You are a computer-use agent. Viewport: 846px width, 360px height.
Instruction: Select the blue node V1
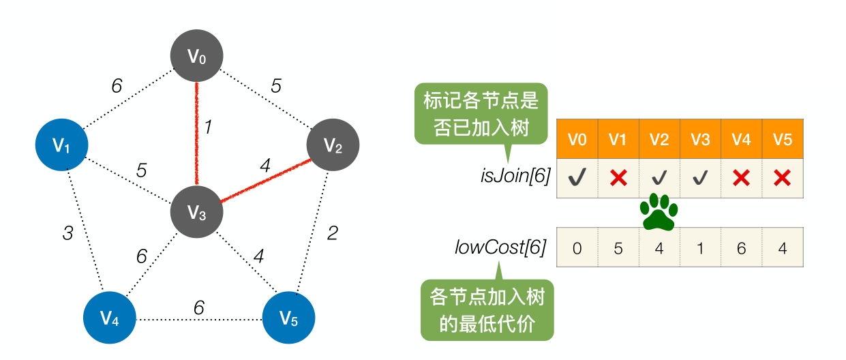[61, 145]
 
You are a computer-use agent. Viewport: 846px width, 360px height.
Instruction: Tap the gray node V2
[332, 145]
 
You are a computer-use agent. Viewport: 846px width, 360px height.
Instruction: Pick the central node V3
[196, 213]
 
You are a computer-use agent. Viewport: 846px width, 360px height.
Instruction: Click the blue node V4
[110, 318]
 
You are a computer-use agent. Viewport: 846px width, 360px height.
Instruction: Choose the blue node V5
[288, 318]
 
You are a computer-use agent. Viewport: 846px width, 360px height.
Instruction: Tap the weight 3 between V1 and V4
[67, 234]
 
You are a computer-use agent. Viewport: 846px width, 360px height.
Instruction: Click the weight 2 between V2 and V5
[332, 234]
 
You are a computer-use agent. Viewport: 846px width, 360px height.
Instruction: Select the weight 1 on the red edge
[209, 127]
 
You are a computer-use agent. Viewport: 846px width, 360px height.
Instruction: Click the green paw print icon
[659, 212]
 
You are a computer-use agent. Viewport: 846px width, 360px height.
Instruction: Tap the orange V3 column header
[700, 140]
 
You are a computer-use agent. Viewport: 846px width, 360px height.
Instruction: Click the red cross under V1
[618, 179]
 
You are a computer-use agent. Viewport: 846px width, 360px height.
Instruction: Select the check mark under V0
[577, 179]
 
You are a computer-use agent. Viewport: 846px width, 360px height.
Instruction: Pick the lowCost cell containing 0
[577, 248]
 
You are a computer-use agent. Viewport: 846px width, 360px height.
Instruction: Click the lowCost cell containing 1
[700, 248]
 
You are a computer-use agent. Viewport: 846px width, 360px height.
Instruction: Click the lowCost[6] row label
[500, 247]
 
